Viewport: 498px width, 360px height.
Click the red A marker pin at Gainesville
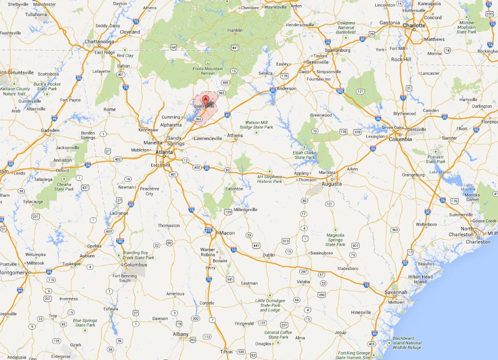click(x=206, y=99)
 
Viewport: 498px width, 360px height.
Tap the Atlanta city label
click(x=165, y=152)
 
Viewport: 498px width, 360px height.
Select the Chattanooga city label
click(x=100, y=42)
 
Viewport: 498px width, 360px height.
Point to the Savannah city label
click(x=396, y=292)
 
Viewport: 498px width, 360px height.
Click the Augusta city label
click(x=331, y=184)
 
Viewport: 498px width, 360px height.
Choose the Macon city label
click(x=227, y=233)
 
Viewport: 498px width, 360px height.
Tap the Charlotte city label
click(x=414, y=24)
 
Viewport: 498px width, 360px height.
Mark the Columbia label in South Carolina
click(x=400, y=139)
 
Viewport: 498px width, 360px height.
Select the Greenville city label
click(x=318, y=62)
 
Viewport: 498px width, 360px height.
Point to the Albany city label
click(x=181, y=334)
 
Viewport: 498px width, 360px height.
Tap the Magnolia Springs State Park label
click(x=335, y=240)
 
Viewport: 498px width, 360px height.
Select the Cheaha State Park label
click(x=64, y=186)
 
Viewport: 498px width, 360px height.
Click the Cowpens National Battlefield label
click(x=346, y=27)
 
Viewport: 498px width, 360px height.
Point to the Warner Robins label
click(x=207, y=253)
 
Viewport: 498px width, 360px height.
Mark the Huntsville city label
click(x=22, y=72)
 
